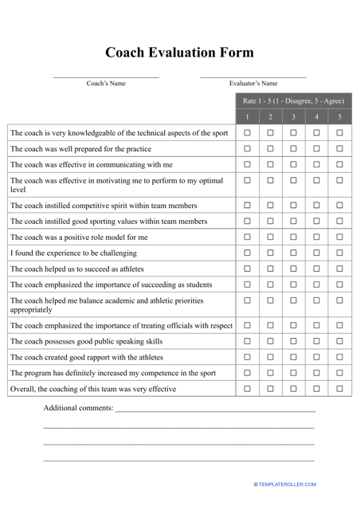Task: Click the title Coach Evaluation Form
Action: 180,53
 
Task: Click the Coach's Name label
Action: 106,83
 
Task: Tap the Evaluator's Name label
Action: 253,83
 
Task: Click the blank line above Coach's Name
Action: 106,76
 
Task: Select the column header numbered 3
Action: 293,117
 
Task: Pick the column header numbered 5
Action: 339,117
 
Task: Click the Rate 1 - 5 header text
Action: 293,101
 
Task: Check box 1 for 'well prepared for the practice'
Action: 247,148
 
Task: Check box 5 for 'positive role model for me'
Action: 339,237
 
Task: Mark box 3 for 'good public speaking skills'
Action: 293,341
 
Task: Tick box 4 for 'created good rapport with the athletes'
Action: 316,357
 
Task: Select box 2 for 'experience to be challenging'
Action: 270,253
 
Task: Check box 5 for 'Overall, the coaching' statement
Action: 339,389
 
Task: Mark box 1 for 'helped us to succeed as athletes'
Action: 247,269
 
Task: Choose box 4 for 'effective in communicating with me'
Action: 316,164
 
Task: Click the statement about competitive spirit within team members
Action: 104,206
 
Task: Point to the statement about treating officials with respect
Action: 121,325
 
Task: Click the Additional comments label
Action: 78,408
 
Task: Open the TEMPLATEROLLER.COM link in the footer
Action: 287,484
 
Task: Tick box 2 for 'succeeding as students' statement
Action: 270,284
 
